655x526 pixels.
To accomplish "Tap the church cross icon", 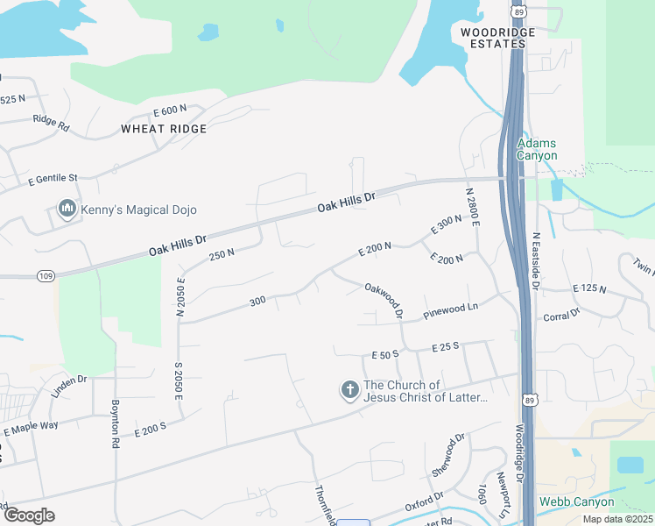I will click(x=349, y=390).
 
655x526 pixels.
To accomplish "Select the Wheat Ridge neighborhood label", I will click(x=164, y=129).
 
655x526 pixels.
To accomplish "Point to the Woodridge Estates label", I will click(x=497, y=38).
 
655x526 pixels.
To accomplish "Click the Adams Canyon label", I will click(x=537, y=149).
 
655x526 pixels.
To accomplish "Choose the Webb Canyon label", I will click(x=576, y=502).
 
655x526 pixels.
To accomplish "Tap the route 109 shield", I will click(x=46, y=276).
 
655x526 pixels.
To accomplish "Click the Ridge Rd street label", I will click(x=50, y=123).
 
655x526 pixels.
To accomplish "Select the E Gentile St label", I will click(x=53, y=180).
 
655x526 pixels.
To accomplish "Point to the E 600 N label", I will click(x=170, y=110).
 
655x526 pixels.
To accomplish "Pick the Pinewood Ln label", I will click(x=450, y=309).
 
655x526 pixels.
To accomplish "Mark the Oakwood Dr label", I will click(x=384, y=298).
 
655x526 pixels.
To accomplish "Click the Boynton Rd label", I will click(x=115, y=424).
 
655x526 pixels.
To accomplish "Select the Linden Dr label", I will click(x=69, y=386).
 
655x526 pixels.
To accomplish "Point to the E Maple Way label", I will click(x=31, y=429).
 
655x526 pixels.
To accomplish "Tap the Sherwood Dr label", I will click(x=447, y=455).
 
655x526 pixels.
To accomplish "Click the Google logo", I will click(x=28, y=515).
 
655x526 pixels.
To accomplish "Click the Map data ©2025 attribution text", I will click(x=616, y=519).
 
